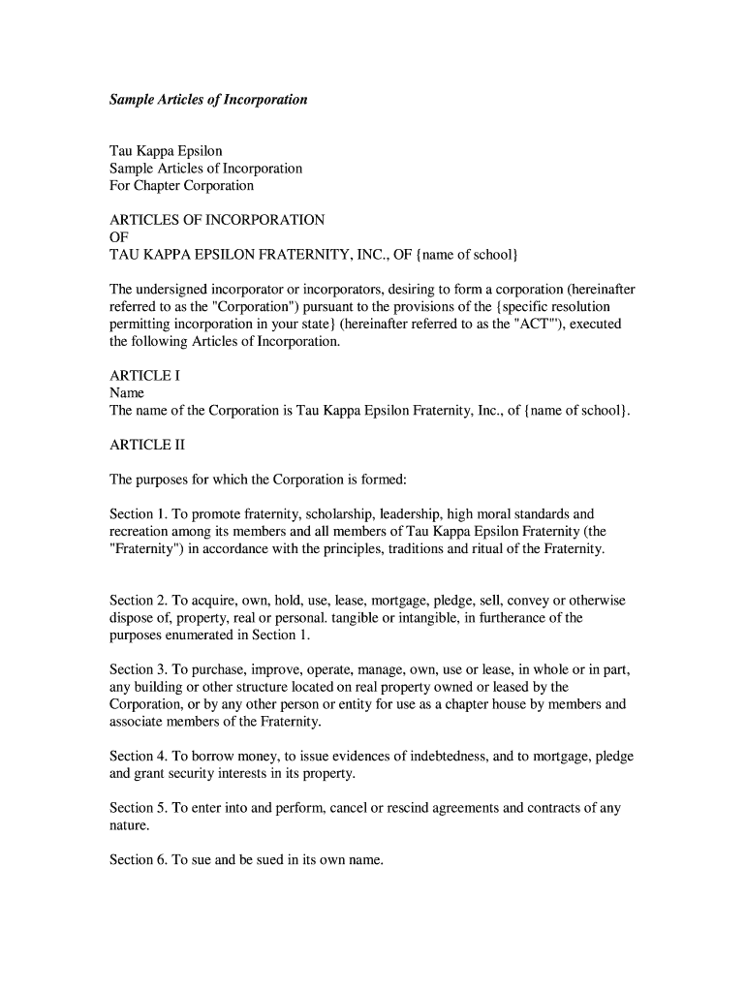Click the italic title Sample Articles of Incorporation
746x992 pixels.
pos(208,99)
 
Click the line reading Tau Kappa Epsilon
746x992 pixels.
pos(166,151)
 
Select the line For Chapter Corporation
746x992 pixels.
pos(181,185)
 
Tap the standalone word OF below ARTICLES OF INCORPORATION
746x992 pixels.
pos(119,237)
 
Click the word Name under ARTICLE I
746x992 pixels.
pos(127,393)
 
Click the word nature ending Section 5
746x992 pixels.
pos(129,825)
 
